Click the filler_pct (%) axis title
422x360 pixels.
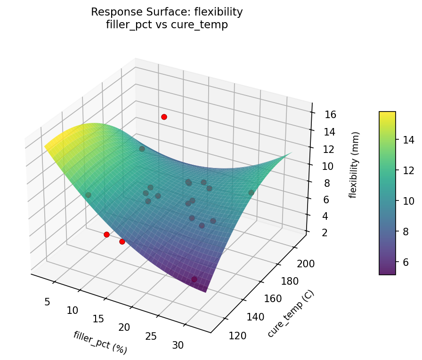pos(100,343)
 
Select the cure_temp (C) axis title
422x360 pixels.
pos(291,314)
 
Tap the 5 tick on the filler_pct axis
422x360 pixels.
pos(47,301)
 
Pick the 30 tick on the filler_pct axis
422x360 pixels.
pos(178,345)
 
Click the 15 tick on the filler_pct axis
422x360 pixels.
pos(98,319)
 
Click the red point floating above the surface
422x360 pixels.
pos(164,117)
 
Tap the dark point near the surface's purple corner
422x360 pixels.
pos(194,280)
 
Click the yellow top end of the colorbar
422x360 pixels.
pos(387,114)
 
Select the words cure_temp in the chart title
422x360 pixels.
pos(206,25)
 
